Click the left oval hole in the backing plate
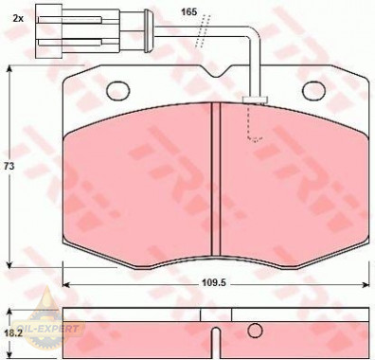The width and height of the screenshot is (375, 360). pos(118,91)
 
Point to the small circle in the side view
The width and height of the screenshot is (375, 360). pos(254,331)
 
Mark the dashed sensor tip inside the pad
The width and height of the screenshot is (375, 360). pos(253,136)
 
